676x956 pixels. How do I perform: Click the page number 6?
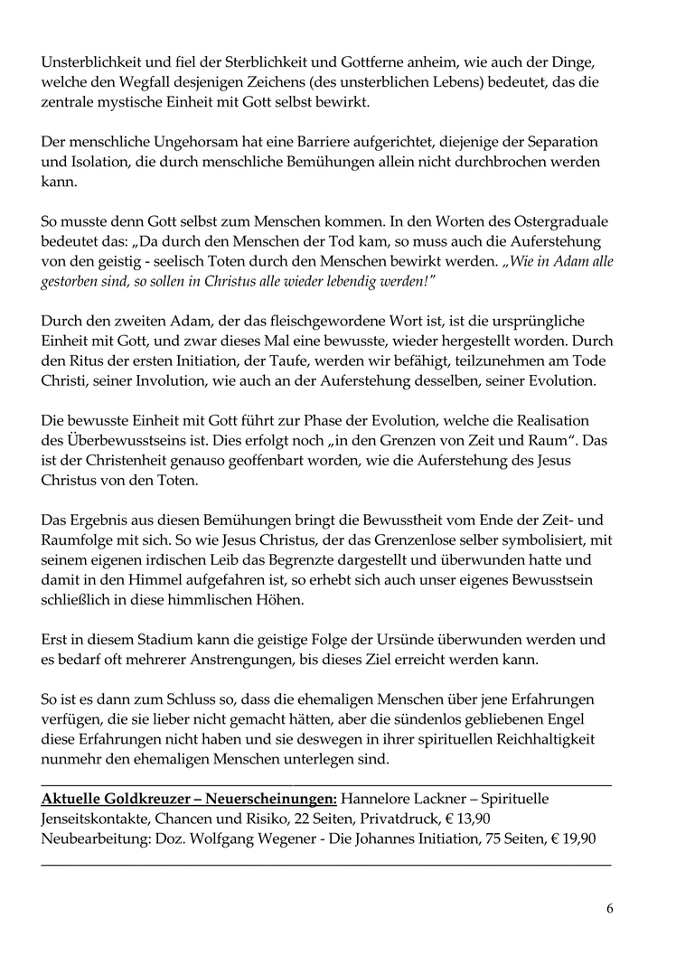click(x=609, y=908)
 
